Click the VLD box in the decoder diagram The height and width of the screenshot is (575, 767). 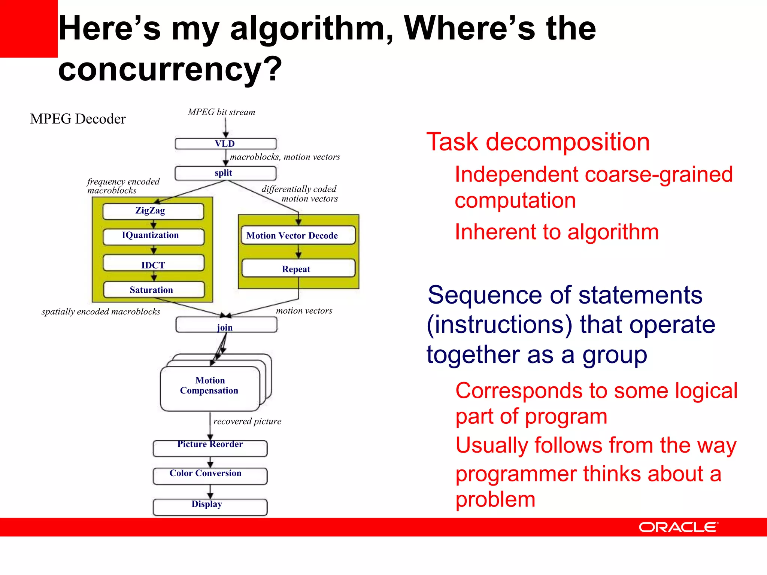pyautogui.click(x=225, y=144)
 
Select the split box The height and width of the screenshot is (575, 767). pyautogui.click(x=225, y=173)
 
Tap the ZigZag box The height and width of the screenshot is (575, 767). pyautogui.click(x=153, y=211)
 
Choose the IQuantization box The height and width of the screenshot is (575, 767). pyautogui.click(x=154, y=236)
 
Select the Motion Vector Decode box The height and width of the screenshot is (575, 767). pyautogui.click(x=298, y=235)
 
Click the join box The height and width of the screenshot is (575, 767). pyautogui.click(x=226, y=325)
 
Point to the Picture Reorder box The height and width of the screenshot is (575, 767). pyautogui.click(x=210, y=448)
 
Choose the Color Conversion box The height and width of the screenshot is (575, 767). pyautogui.click(x=210, y=476)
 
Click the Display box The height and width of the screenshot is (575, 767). pyautogui.click(x=210, y=507)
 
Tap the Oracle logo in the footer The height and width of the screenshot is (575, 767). pyautogui.click(x=678, y=527)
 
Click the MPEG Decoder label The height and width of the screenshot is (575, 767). pyautogui.click(x=78, y=119)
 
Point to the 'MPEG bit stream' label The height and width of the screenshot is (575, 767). pyautogui.click(x=222, y=112)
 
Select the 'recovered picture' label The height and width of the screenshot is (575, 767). pyautogui.click(x=247, y=422)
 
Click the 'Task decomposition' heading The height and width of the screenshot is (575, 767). pyautogui.click(x=538, y=142)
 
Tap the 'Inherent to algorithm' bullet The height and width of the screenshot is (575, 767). pyautogui.click(x=557, y=232)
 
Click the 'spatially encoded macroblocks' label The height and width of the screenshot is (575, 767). pyautogui.click(x=101, y=312)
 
